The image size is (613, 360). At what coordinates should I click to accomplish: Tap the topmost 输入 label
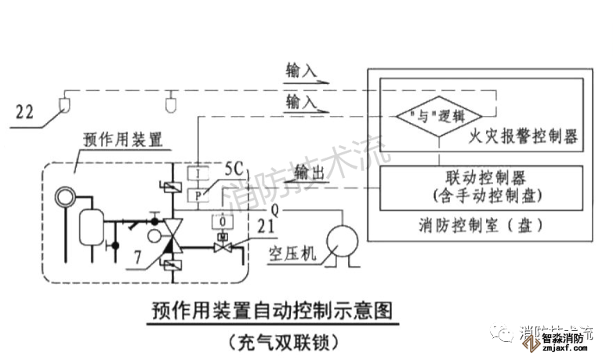coord(301,71)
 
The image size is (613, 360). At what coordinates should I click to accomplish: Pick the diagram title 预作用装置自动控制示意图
coord(270,311)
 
